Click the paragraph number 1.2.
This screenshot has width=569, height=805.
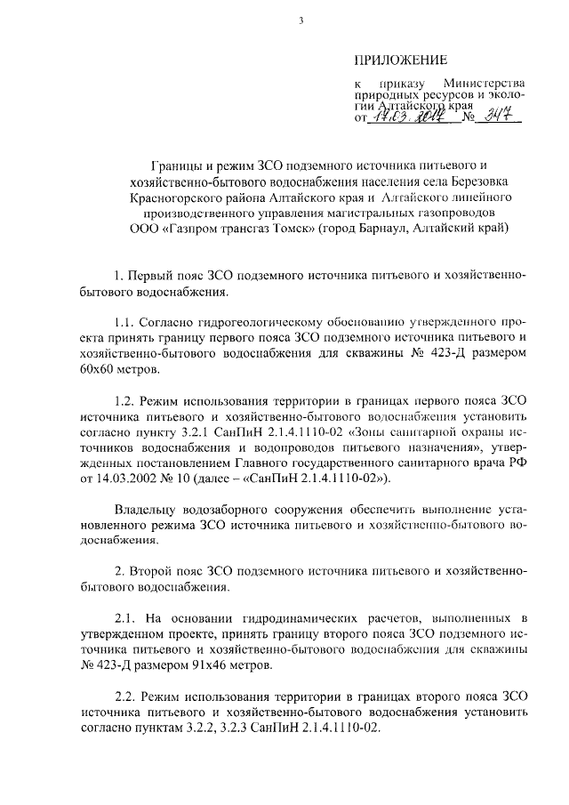(x=127, y=398)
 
